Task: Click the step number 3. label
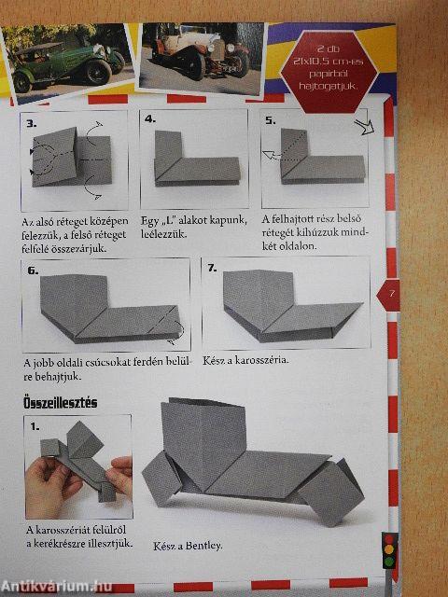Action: (32, 123)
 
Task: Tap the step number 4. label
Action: (150, 119)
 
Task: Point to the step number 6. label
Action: (33, 271)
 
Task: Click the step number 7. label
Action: (212, 268)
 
